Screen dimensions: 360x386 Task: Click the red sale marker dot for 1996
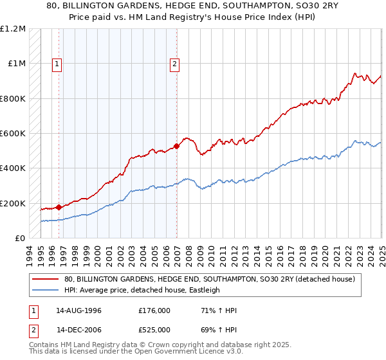(x=59, y=207)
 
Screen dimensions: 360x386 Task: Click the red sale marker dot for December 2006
(x=176, y=146)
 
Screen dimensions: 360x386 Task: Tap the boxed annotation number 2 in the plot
(x=174, y=64)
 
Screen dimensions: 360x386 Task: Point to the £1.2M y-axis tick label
(x=13, y=29)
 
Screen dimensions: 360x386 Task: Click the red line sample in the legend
(x=46, y=279)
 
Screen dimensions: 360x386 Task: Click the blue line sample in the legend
(x=46, y=290)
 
